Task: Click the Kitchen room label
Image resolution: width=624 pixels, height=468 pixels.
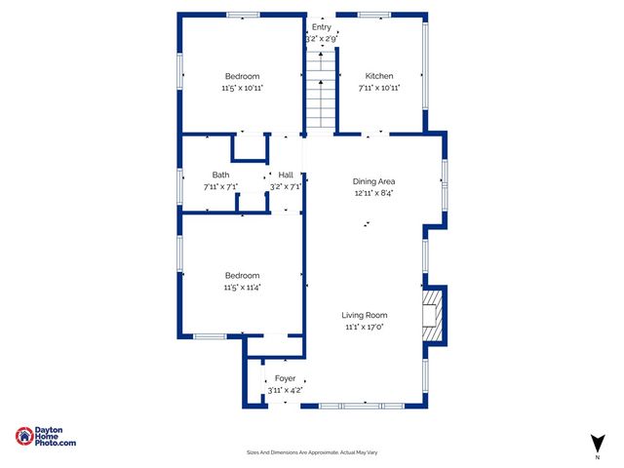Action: point(379,76)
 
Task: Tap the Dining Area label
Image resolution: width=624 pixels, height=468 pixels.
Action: point(373,181)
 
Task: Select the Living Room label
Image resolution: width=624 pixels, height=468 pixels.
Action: point(365,315)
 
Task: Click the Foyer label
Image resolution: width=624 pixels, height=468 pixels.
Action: point(285,378)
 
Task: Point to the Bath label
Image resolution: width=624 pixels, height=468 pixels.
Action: point(221,175)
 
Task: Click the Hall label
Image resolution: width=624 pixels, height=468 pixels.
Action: point(286,175)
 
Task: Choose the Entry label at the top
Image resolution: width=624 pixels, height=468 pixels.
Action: point(321,27)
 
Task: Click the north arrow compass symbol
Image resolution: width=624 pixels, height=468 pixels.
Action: point(597,442)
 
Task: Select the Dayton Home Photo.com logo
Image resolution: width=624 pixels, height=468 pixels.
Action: point(46,437)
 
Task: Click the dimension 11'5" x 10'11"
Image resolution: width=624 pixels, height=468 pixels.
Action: point(242,88)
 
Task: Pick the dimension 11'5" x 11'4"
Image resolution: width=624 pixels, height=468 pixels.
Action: point(242,287)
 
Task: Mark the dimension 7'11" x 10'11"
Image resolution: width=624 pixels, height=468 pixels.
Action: point(379,88)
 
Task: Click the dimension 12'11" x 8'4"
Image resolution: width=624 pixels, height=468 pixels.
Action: point(373,193)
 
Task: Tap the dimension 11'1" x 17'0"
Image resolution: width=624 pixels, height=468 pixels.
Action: point(365,327)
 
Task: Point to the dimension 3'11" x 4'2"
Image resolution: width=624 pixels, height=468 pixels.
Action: point(285,390)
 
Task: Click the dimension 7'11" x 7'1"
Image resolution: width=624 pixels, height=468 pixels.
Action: point(221,186)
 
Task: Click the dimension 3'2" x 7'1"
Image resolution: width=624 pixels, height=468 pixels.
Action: point(286,186)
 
